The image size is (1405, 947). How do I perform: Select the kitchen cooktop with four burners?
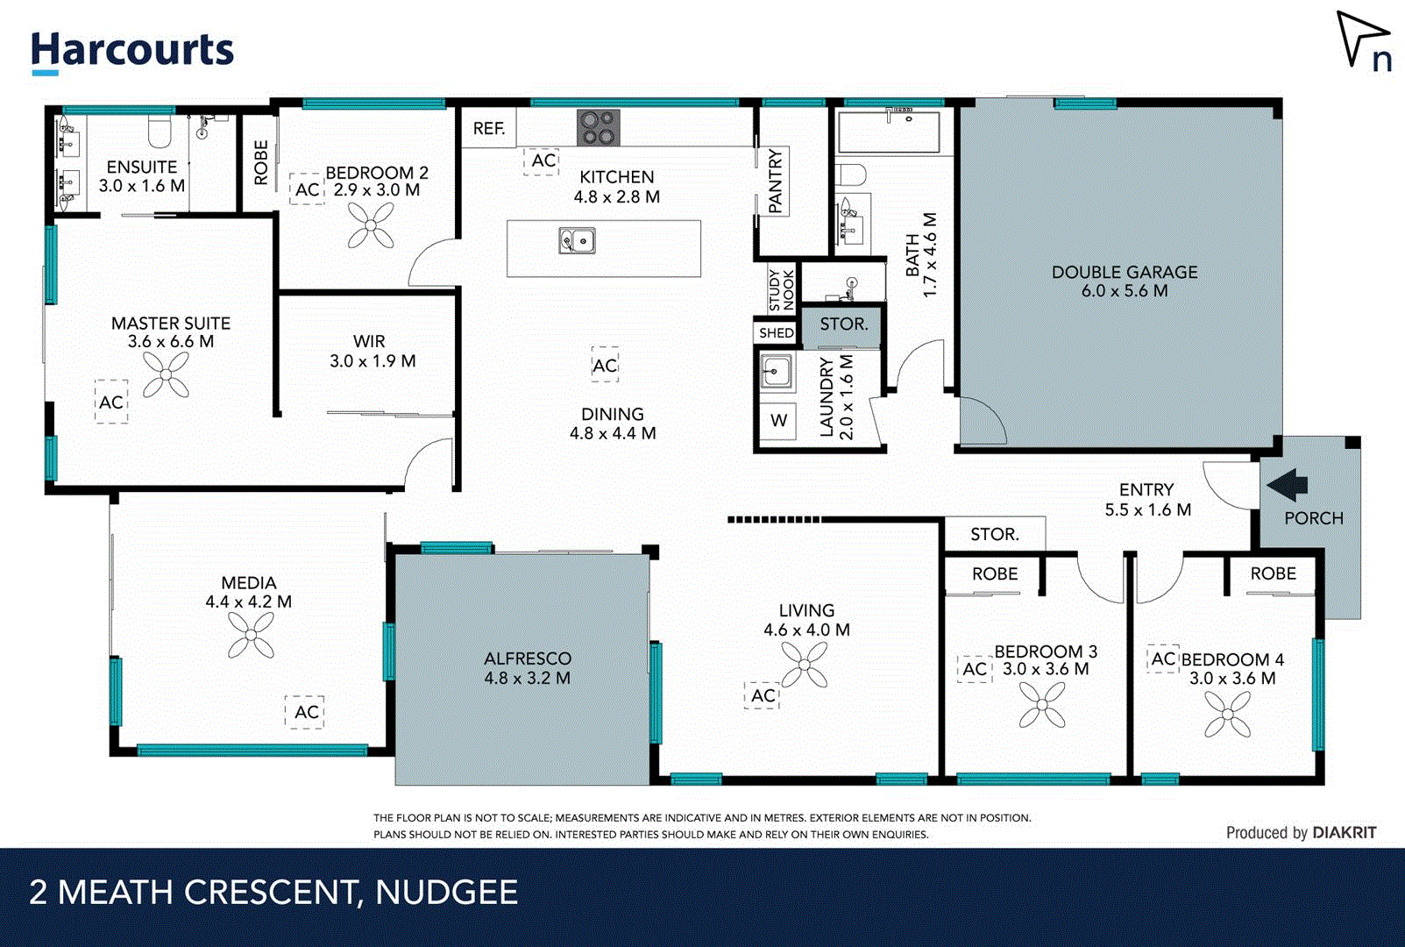pyautogui.click(x=599, y=127)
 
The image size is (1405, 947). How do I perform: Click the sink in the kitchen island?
pyautogui.click(x=578, y=240)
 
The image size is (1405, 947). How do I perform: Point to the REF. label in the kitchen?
pyautogui.click(x=488, y=129)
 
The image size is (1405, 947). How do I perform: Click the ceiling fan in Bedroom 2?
pyautogui.click(x=371, y=225)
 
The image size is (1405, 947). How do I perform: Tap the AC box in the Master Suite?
pyautogui.click(x=111, y=402)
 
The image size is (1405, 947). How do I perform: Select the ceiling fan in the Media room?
pyautogui.click(x=251, y=635)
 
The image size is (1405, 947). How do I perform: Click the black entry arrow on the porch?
pyautogui.click(x=1288, y=484)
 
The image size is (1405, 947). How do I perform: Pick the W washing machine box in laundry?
pyautogui.click(x=778, y=421)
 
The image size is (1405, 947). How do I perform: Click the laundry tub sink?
pyautogui.click(x=776, y=372)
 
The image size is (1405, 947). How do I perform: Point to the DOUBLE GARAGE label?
pyautogui.click(x=1124, y=273)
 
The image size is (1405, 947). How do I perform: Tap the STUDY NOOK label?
pyautogui.click(x=780, y=290)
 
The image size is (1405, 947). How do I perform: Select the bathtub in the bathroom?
pyautogui.click(x=889, y=132)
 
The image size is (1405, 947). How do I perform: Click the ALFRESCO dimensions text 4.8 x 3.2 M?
pyautogui.click(x=527, y=678)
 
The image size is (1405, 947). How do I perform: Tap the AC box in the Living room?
pyautogui.click(x=763, y=695)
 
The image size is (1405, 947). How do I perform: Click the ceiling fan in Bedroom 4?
pyautogui.click(x=1227, y=714)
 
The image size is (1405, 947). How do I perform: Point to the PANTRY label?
pyautogui.click(x=775, y=182)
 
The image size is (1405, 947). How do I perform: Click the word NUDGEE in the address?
pyautogui.click(x=446, y=893)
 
